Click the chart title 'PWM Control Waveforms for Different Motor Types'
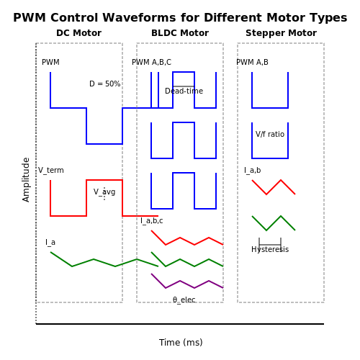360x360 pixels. pos(180,18)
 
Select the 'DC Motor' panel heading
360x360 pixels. pos(78,33)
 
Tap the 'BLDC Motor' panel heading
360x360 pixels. pos(180,33)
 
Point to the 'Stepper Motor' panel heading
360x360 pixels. pos(281,33)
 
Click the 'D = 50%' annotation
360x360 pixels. pos(105,84)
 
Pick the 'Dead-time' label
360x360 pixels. pos(184,91)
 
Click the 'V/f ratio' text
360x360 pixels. pos(270,134)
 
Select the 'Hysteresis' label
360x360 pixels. pos(270,249)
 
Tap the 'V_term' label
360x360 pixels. pos(51,170)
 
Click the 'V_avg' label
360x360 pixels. pos(104,192)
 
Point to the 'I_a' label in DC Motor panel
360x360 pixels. pos(50,242)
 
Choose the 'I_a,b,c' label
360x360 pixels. pos(152,220)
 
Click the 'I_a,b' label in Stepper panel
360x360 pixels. pos(253,170)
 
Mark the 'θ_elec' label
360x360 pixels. pos(184,300)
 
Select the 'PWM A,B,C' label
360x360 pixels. pos(152,62)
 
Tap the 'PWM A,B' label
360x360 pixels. pos(252,62)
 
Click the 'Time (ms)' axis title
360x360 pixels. pos(181,343)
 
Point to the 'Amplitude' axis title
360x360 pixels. pos(26,180)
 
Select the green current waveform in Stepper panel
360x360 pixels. pos(274,223)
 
